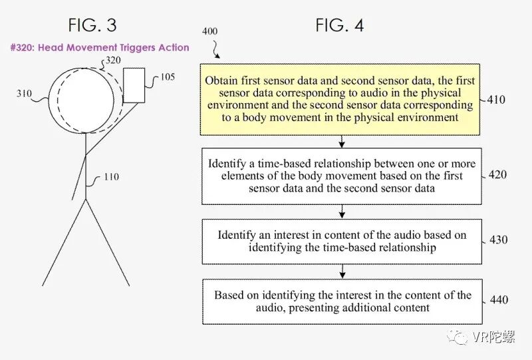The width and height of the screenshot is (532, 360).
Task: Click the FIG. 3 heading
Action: click(x=92, y=25)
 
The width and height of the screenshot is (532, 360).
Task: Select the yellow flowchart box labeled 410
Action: click(x=341, y=98)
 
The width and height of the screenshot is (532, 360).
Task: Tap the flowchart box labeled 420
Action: click(x=341, y=176)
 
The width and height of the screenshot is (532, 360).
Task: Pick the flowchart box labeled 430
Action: click(x=341, y=242)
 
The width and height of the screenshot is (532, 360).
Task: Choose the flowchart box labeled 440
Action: click(x=341, y=301)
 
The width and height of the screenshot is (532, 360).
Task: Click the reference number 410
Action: click(x=495, y=100)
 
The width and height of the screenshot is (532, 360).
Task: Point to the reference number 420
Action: click(x=495, y=176)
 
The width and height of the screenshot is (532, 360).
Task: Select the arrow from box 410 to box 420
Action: click(x=341, y=140)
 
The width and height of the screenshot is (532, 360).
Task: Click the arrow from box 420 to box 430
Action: click(x=341, y=211)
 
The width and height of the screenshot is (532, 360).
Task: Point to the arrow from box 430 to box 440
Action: click(x=341, y=271)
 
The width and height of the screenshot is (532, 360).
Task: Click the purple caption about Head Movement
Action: click(x=99, y=48)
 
